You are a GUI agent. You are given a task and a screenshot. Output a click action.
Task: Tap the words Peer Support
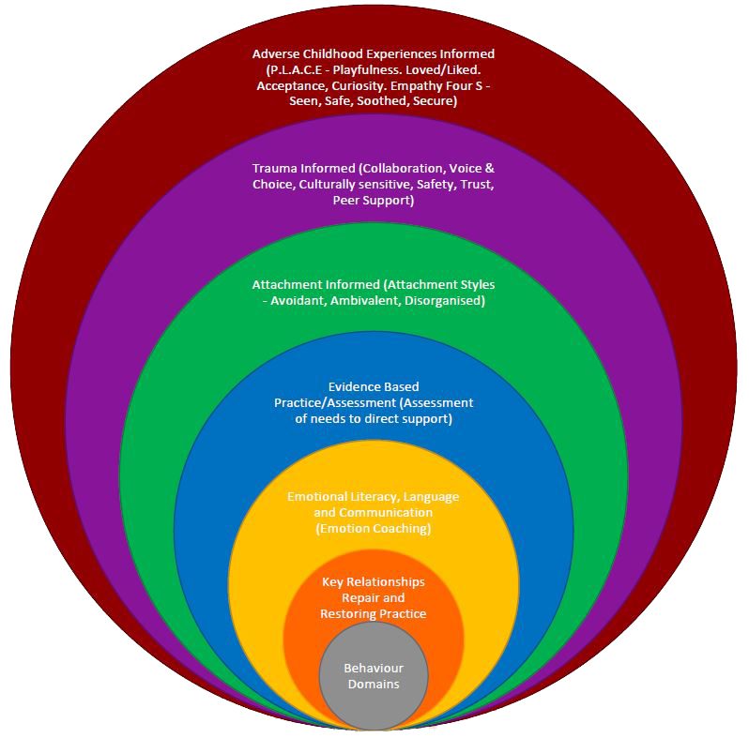(374, 201)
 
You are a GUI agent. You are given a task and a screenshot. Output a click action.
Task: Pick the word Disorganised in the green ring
(442, 300)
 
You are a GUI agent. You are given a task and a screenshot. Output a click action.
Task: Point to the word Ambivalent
(362, 300)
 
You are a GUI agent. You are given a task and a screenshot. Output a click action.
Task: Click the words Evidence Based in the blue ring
(374, 386)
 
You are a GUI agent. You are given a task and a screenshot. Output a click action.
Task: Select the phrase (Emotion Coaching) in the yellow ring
(374, 529)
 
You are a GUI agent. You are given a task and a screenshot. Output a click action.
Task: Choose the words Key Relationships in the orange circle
(374, 581)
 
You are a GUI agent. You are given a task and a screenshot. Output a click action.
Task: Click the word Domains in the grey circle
(374, 684)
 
